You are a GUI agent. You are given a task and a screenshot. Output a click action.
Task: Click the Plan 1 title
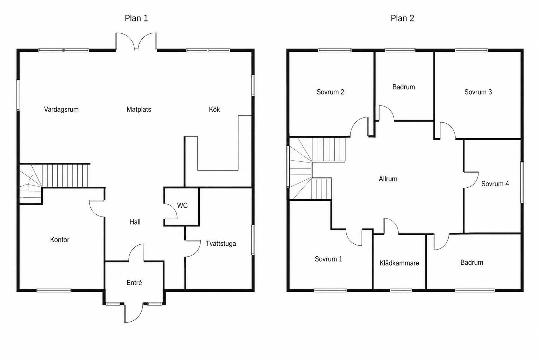click(136, 18)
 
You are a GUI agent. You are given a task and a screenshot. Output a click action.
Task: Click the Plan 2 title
click(402, 18)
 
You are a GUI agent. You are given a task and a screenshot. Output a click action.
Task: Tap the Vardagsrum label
click(61, 109)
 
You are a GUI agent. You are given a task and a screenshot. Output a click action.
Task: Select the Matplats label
click(139, 109)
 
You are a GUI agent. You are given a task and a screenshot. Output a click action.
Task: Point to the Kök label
click(214, 109)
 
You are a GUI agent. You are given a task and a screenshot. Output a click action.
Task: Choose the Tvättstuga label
click(221, 244)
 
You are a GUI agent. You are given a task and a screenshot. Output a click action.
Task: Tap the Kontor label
click(59, 240)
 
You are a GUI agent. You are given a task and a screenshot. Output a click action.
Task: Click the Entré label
click(134, 283)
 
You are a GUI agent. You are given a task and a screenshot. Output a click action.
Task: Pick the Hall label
click(135, 222)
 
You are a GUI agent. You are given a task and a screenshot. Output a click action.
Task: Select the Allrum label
click(388, 179)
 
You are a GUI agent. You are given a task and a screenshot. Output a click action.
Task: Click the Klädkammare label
click(399, 263)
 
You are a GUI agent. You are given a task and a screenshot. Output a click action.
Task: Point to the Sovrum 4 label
click(495, 184)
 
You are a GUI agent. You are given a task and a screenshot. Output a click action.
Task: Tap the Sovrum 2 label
click(330, 92)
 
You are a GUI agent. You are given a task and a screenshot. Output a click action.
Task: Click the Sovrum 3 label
click(478, 92)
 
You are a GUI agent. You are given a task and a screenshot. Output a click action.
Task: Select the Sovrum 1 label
click(328, 259)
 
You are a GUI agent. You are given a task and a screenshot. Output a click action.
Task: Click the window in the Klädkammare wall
click(401, 290)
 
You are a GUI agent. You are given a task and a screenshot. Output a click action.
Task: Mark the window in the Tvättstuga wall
click(253, 240)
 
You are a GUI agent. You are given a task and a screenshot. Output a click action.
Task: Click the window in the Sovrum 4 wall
click(522, 182)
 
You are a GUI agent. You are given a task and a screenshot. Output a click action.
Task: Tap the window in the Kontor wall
click(54, 290)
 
